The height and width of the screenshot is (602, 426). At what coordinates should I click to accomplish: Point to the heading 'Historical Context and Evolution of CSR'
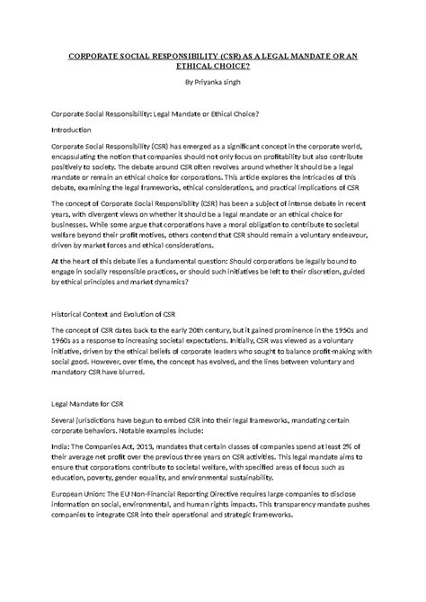(x=118, y=315)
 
